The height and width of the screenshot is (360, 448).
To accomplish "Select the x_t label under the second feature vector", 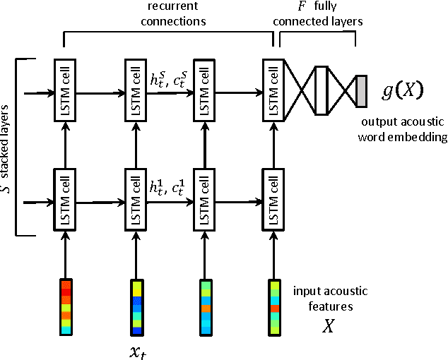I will tap(136, 348).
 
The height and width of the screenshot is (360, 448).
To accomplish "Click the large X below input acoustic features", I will tap(328, 327).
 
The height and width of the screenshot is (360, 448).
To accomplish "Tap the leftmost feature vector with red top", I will tap(66, 306).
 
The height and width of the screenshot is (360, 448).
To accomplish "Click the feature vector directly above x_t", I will tap(136, 306).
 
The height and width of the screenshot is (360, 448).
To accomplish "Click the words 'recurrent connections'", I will tap(172, 14).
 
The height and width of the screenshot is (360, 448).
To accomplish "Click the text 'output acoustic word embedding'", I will tap(403, 129).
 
